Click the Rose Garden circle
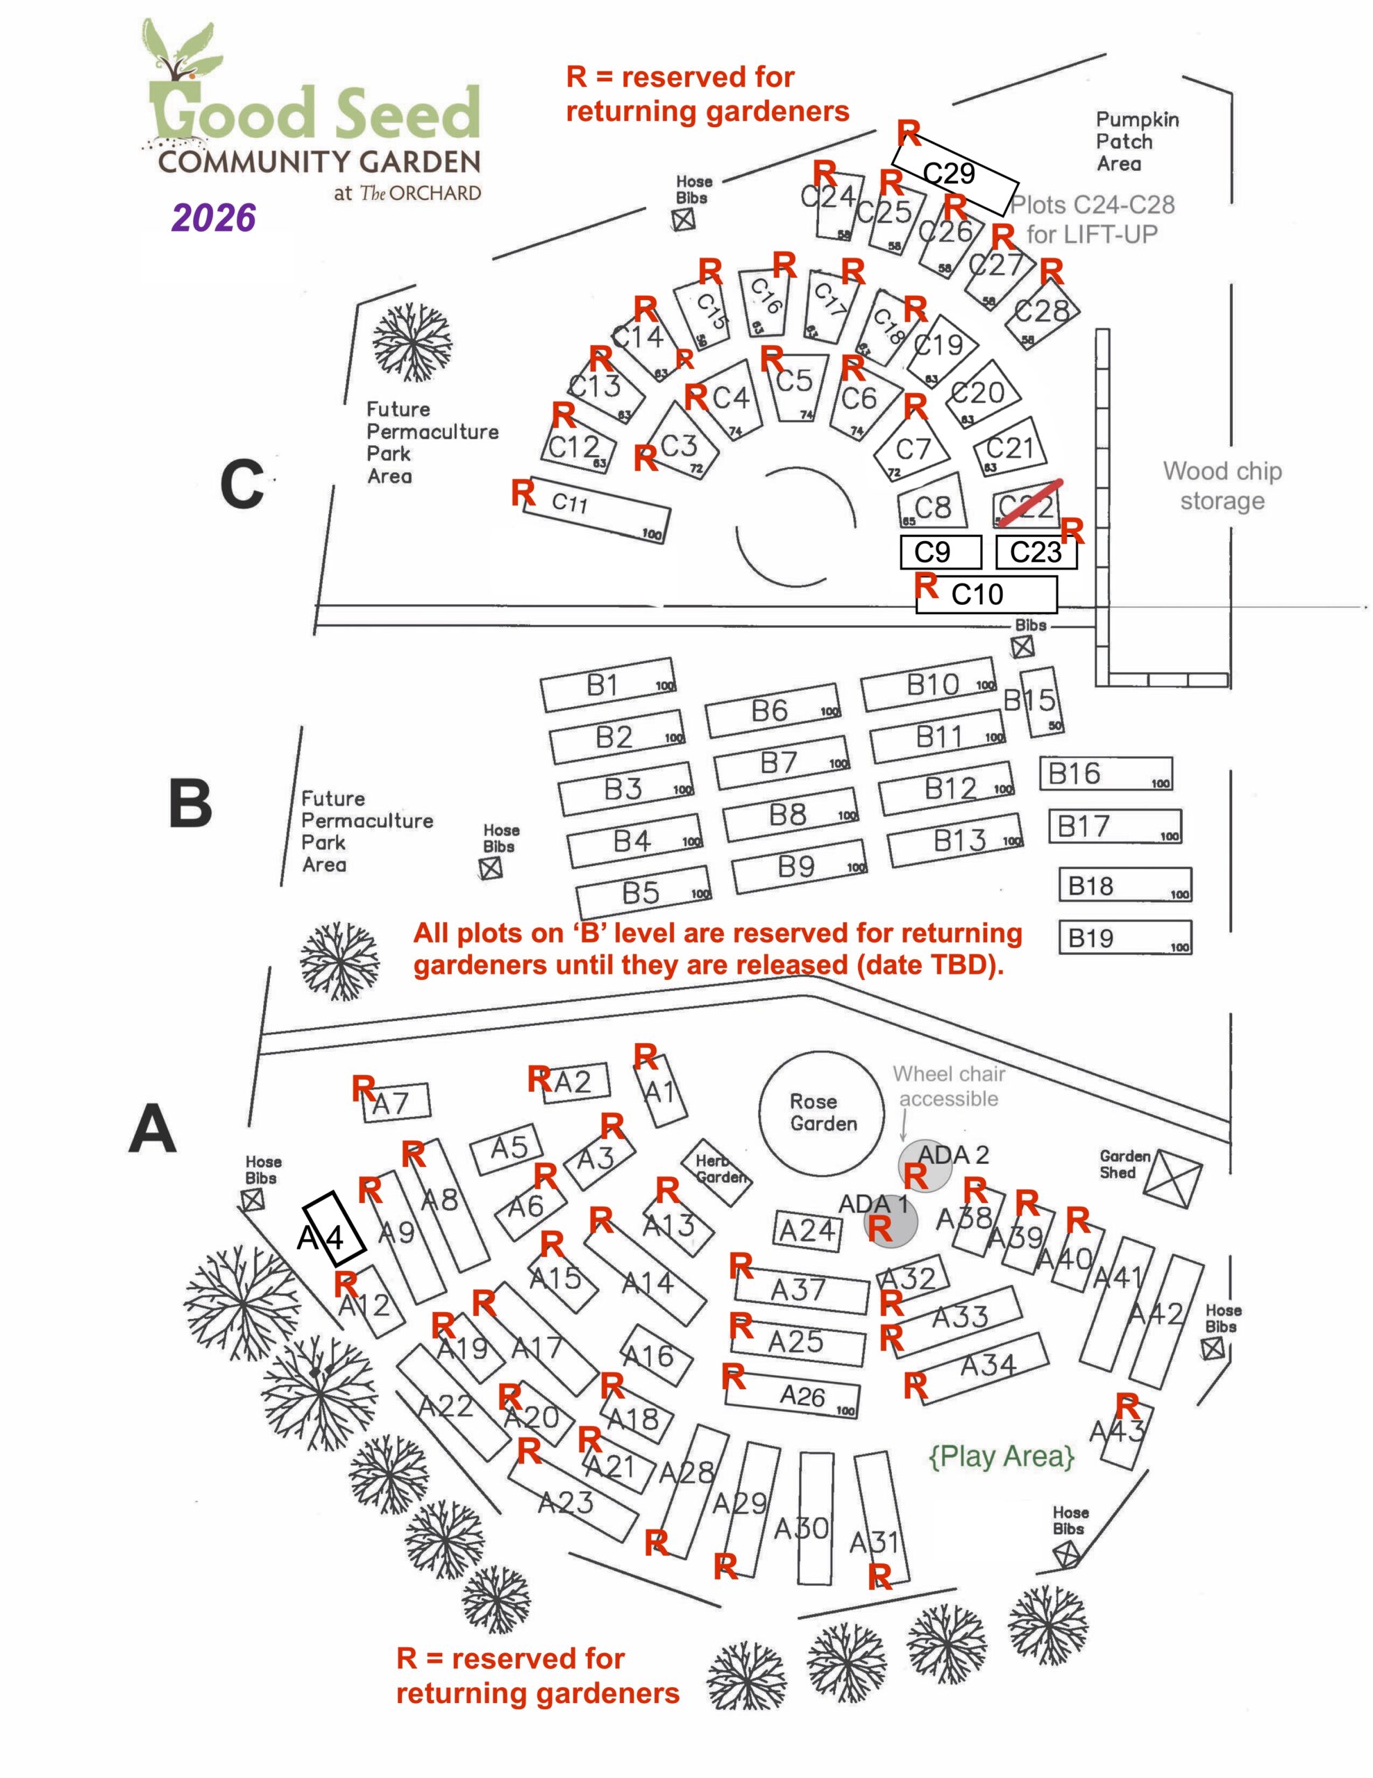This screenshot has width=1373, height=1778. click(x=821, y=1111)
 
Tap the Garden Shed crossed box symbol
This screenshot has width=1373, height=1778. click(x=1172, y=1179)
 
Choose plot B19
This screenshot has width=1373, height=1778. click(x=1124, y=938)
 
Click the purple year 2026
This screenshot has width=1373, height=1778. click(x=214, y=217)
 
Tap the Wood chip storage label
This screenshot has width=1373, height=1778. click(x=1222, y=485)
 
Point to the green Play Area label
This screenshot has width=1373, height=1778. click(x=1001, y=1456)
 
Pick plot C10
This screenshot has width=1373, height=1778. click(x=986, y=595)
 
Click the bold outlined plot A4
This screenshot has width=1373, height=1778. click(x=334, y=1229)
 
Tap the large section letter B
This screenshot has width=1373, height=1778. click(x=190, y=804)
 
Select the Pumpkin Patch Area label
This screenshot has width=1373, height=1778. click(x=1136, y=142)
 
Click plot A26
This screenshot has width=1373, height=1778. click(x=793, y=1397)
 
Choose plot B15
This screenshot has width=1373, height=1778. click(x=1040, y=701)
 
